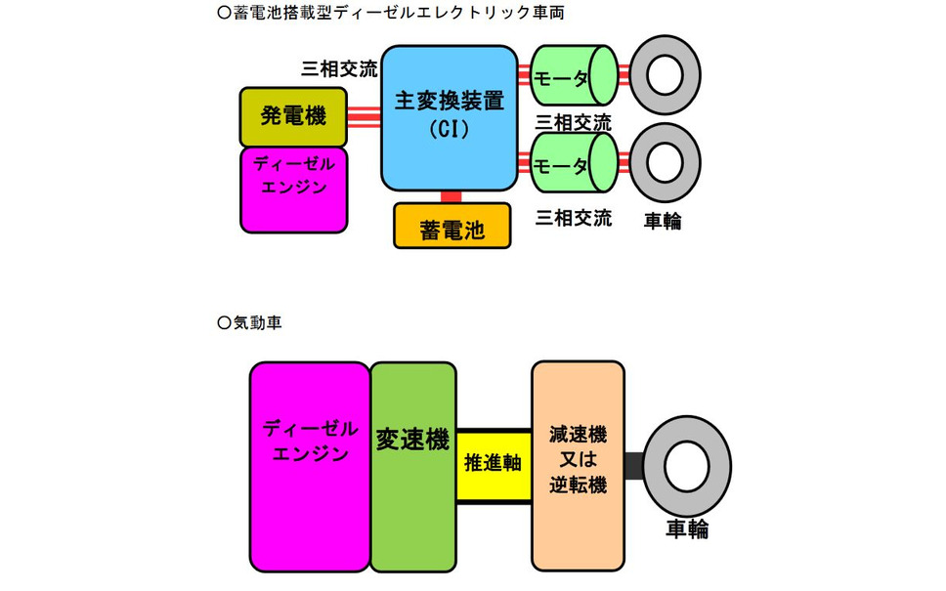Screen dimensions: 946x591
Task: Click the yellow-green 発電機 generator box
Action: click(293, 117)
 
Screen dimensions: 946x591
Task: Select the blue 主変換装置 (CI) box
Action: click(450, 118)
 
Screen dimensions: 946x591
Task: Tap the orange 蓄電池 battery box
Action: click(452, 227)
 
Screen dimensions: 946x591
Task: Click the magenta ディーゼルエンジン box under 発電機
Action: click(294, 190)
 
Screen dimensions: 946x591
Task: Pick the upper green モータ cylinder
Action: click(574, 75)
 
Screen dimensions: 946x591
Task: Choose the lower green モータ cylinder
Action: click(574, 163)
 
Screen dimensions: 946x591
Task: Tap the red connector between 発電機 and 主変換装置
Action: click(364, 117)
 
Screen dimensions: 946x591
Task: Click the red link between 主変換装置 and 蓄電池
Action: click(451, 197)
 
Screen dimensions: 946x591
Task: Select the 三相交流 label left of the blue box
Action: click(339, 69)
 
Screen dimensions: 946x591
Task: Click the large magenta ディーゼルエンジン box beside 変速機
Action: click(310, 467)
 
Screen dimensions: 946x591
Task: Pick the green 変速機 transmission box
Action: click(413, 467)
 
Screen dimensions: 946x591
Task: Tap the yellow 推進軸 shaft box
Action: click(494, 464)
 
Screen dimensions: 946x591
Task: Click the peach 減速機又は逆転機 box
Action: click(578, 466)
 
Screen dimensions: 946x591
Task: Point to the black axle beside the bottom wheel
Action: click(634, 466)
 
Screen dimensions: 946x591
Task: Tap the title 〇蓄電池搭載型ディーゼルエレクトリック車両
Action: click(391, 13)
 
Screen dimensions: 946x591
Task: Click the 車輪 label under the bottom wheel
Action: click(687, 528)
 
